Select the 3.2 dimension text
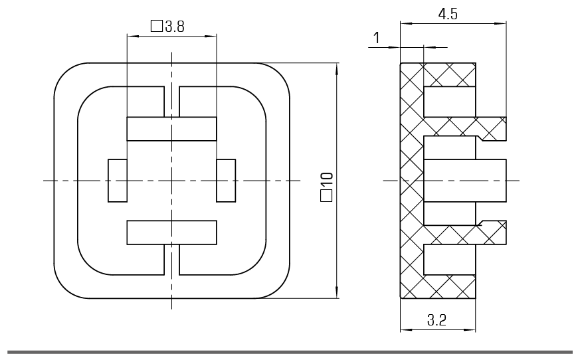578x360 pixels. pyautogui.click(x=437, y=320)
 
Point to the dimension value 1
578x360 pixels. pyautogui.click(x=377, y=38)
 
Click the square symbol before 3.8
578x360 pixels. pyautogui.click(x=157, y=27)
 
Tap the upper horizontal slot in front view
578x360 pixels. pyautogui.click(x=171, y=128)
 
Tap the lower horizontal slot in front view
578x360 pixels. pyautogui.click(x=171, y=232)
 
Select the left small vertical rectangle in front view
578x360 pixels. pyautogui.click(x=118, y=180)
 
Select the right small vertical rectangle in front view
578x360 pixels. pyautogui.click(x=226, y=180)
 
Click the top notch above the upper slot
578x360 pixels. pyautogui.click(x=171, y=101)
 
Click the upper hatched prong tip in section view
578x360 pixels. pyautogui.click(x=495, y=128)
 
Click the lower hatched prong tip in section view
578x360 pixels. pyautogui.click(x=495, y=232)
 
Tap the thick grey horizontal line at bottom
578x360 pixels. pyautogui.click(x=289, y=351)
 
